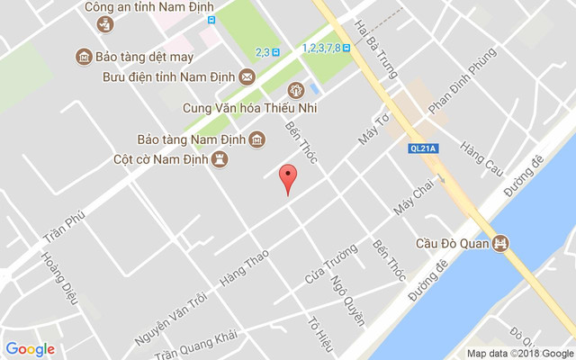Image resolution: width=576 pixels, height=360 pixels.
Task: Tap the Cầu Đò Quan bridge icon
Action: (x=502, y=243)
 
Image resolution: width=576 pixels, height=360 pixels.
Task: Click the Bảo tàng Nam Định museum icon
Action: (x=257, y=139)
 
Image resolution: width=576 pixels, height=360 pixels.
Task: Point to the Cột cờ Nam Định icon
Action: (x=219, y=159)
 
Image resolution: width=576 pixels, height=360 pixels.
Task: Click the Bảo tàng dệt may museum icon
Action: (x=83, y=57)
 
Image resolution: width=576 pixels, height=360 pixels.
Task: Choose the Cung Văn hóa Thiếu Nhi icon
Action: (x=295, y=91)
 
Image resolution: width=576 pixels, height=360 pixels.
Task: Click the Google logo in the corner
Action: (x=31, y=349)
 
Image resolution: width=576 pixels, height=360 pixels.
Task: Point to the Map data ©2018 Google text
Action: (x=518, y=353)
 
